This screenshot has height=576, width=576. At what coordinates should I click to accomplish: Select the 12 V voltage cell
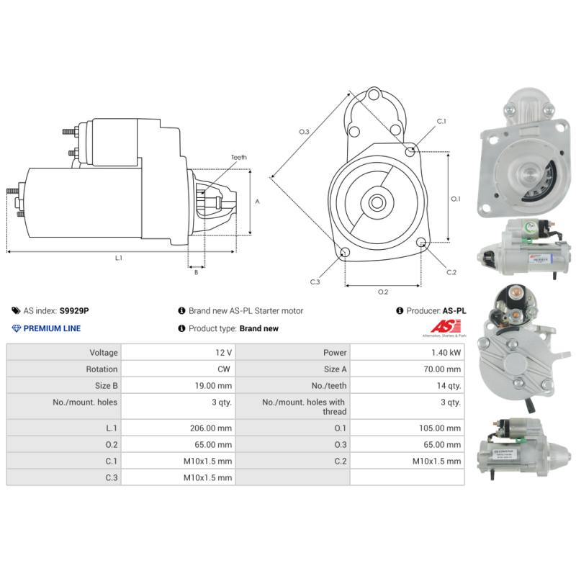click(224, 353)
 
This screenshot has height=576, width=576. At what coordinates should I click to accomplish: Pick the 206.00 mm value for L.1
click(211, 428)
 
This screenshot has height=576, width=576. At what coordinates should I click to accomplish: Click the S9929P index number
click(75, 311)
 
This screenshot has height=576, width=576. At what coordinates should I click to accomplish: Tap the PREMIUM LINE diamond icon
click(17, 328)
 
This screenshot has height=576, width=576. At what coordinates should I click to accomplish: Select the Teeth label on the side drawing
click(238, 158)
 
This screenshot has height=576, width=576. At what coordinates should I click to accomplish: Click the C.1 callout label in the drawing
click(441, 121)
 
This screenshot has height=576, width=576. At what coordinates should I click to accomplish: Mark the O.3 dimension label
click(304, 132)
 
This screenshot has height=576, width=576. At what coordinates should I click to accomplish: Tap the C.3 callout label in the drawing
click(315, 282)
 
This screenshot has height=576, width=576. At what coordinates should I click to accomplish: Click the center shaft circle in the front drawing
click(377, 202)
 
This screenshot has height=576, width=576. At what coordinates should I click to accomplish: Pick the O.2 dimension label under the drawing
click(383, 291)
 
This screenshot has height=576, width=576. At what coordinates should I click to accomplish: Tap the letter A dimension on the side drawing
click(257, 202)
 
